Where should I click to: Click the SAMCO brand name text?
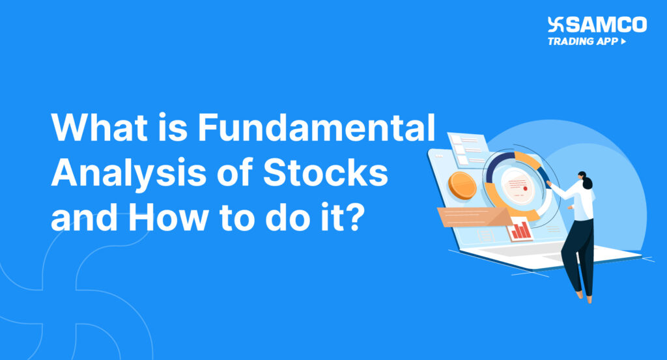606,25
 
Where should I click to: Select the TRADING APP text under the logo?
582,41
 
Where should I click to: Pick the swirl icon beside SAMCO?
556,25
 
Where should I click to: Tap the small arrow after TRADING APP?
624,41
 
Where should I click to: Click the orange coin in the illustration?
464,185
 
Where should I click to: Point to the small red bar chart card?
520,228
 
